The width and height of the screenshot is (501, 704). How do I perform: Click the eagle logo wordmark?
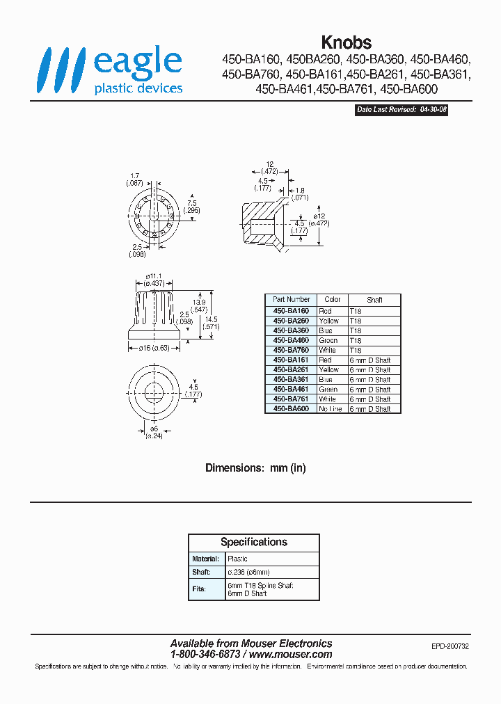click(x=137, y=63)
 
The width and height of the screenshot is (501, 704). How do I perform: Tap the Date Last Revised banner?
click(x=401, y=110)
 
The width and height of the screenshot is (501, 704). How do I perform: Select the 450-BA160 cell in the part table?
click(x=291, y=311)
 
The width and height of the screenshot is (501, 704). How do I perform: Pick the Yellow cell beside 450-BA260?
click(x=328, y=321)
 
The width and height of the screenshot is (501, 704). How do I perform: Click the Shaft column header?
click(x=374, y=300)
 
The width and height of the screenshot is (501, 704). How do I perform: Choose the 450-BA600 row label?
click(x=291, y=409)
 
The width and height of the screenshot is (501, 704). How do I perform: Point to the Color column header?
click(x=333, y=300)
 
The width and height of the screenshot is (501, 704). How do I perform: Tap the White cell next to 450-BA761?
click(x=327, y=399)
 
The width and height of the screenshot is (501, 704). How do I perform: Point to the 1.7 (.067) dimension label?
click(x=134, y=179)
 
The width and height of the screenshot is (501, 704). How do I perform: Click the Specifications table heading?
click(x=254, y=542)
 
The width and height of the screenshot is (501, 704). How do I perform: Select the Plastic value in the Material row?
click(x=237, y=559)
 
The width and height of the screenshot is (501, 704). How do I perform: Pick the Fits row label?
click(x=200, y=589)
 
